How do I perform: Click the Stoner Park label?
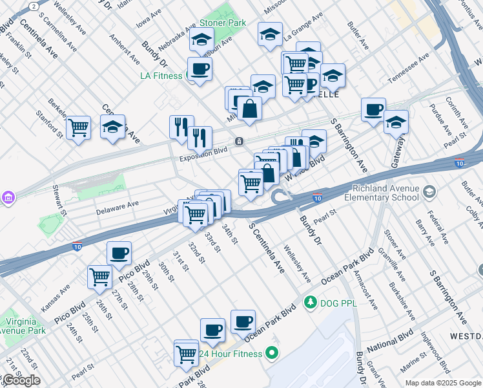227,23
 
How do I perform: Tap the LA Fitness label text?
162,76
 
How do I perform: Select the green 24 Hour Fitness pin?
272,353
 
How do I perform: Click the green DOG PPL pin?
311,301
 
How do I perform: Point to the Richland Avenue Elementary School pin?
430,192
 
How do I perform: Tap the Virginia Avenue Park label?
23,326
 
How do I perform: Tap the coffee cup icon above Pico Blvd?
119,253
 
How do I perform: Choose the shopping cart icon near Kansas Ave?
100,277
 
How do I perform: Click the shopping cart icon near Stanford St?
78,127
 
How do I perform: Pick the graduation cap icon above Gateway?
396,121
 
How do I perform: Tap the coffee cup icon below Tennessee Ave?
373,109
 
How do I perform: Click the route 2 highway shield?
34,5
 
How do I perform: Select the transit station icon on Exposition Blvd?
240,142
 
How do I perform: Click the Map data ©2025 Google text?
444,383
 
